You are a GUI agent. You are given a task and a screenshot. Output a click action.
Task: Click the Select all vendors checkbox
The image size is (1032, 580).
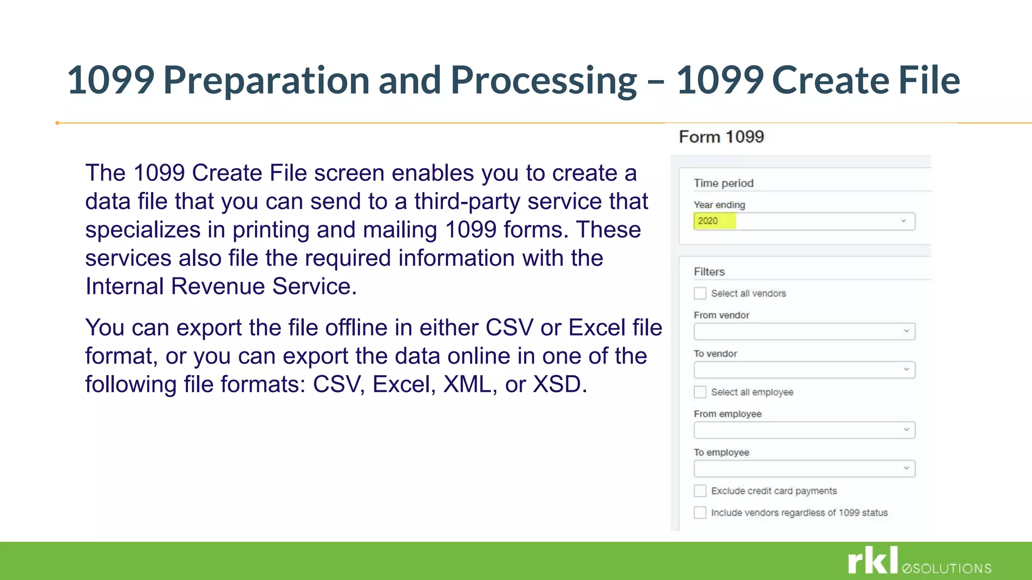(700, 294)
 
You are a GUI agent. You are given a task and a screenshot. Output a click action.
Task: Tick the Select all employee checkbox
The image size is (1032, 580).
(700, 392)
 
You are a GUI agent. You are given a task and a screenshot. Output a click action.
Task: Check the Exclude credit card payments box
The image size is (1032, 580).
(700, 491)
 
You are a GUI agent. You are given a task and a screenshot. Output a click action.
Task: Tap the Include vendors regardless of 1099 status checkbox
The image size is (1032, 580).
(700, 513)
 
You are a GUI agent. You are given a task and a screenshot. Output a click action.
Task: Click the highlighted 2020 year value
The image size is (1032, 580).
(708, 221)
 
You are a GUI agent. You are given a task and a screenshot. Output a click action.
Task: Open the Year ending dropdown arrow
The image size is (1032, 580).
(904, 221)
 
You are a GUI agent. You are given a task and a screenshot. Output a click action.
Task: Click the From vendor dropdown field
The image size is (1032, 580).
(804, 331)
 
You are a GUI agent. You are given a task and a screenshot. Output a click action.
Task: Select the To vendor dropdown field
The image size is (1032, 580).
(804, 370)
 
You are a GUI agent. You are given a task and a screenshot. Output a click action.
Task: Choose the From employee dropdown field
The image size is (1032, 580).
(804, 430)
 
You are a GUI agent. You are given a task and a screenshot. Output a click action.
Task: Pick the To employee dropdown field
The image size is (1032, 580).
(804, 469)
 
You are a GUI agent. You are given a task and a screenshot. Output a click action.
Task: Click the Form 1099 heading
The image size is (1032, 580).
(721, 137)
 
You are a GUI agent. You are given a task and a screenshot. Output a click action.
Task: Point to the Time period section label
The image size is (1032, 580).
(724, 183)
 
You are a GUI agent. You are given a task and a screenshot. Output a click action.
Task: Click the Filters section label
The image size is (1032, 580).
(709, 272)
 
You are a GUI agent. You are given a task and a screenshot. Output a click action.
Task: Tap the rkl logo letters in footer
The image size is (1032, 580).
(873, 560)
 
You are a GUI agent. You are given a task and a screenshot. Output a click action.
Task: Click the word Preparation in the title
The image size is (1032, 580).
(267, 81)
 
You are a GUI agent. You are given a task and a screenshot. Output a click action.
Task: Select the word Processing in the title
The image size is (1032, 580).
(543, 81)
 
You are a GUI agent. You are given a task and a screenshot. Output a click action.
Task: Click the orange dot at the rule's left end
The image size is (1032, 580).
(57, 123)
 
